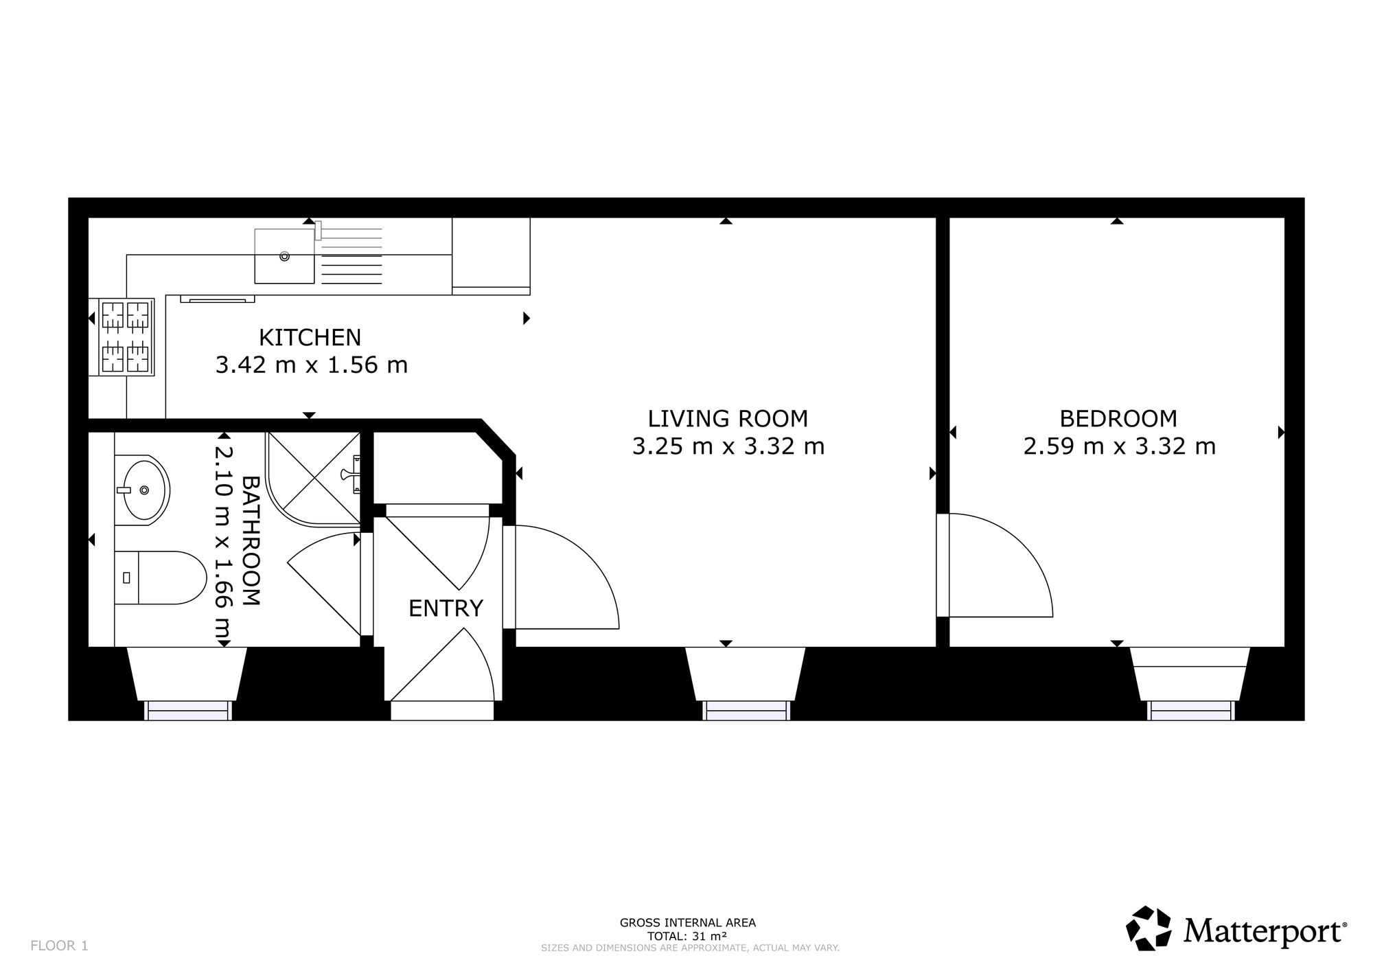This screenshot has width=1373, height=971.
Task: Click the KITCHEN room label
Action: [310, 337]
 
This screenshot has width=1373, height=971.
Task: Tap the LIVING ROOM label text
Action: [728, 418]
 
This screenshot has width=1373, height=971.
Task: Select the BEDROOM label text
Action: [1118, 418]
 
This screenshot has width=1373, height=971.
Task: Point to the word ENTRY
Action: [446, 608]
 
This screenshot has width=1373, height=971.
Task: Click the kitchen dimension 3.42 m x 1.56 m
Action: [312, 365]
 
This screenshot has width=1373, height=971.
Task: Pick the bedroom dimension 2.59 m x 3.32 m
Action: [1120, 446]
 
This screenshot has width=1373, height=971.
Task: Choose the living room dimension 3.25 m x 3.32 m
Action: [728, 446]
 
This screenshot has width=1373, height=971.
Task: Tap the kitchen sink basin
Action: [284, 256]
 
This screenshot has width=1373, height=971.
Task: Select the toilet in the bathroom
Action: [161, 578]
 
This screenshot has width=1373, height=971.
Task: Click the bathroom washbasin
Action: [142, 490]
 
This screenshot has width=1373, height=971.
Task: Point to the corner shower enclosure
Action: [314, 478]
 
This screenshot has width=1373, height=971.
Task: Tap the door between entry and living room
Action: [567, 577]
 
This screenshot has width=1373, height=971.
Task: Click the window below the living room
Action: [746, 710]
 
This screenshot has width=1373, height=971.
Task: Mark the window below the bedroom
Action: [1190, 710]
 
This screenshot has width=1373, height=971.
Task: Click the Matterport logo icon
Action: [1149, 928]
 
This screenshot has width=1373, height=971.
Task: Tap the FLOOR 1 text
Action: [59, 946]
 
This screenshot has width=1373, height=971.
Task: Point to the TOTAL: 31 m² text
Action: [687, 936]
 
